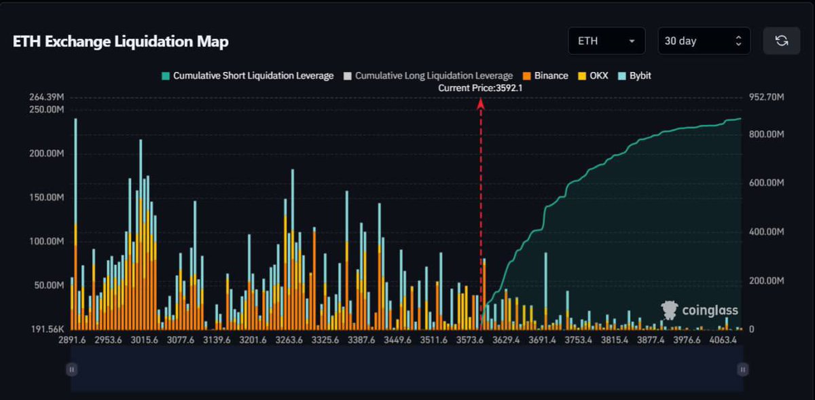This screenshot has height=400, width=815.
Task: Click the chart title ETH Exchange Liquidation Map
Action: coord(121,41)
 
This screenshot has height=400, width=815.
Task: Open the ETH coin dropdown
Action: coord(606,41)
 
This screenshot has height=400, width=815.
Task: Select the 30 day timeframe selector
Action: coord(703,41)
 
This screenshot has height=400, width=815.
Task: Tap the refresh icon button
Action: coord(781,41)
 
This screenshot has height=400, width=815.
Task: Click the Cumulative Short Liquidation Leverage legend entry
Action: coord(247,75)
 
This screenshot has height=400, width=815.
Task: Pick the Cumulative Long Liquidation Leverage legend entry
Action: coord(428,75)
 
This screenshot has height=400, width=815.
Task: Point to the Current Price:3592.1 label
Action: coord(480,88)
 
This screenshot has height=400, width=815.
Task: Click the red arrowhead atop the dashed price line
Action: coord(481,103)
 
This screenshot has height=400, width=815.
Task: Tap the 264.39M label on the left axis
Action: coord(46,98)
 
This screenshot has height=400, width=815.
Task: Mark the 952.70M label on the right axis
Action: coord(766,98)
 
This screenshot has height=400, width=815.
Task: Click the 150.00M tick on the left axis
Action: coord(46,197)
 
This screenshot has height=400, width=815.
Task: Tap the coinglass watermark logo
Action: coord(700,310)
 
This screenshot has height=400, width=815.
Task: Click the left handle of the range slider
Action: coord(71,369)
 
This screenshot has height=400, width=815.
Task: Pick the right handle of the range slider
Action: coord(742,369)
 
